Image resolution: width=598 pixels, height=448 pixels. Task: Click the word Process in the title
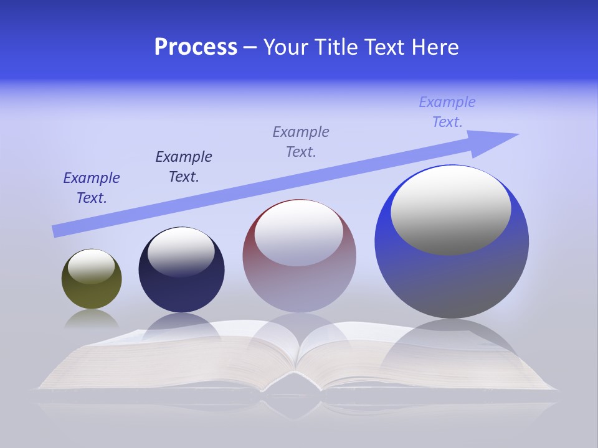click(196, 47)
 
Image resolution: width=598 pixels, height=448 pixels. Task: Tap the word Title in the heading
click(335, 47)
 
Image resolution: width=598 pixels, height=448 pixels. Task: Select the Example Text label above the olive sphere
click(92, 188)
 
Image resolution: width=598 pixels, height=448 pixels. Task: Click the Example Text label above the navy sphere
click(184, 167)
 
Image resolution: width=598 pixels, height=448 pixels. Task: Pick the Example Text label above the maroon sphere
click(301, 142)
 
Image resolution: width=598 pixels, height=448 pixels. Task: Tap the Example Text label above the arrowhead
click(447, 112)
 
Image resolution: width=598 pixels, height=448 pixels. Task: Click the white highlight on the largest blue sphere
click(451, 210)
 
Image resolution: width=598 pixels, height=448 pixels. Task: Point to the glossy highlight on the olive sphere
click(92, 266)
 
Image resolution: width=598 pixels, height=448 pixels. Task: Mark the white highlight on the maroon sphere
click(298, 232)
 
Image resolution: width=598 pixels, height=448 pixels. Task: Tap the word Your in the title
click(286, 47)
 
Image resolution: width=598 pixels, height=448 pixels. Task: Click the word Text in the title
click(384, 47)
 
